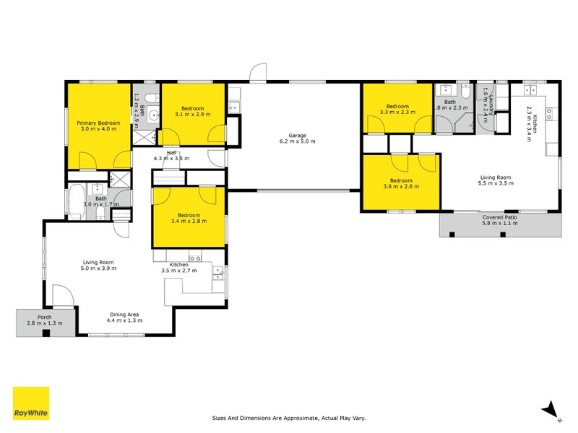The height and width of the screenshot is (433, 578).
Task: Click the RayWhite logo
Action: tap(31, 403)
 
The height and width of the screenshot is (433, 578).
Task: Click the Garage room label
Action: tap(298, 135)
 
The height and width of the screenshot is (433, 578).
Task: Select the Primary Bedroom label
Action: tap(98, 123)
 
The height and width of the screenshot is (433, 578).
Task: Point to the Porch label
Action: tap(45, 315)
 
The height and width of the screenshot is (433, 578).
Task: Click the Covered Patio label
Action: tap(500, 217)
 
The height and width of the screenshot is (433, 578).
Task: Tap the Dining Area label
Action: tap(124, 315)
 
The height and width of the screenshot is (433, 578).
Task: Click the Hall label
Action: tap(172, 153)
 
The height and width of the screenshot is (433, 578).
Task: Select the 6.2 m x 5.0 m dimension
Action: tap(298, 141)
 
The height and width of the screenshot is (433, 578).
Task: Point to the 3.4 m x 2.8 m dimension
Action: tap(189, 221)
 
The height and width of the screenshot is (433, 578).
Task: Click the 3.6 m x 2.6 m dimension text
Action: tap(401, 187)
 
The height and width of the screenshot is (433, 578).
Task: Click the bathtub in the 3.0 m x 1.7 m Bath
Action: tap(76, 201)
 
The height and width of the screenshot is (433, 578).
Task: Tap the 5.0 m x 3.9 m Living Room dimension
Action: tap(98, 268)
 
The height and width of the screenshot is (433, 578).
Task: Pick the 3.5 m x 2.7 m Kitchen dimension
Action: tap(178, 272)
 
